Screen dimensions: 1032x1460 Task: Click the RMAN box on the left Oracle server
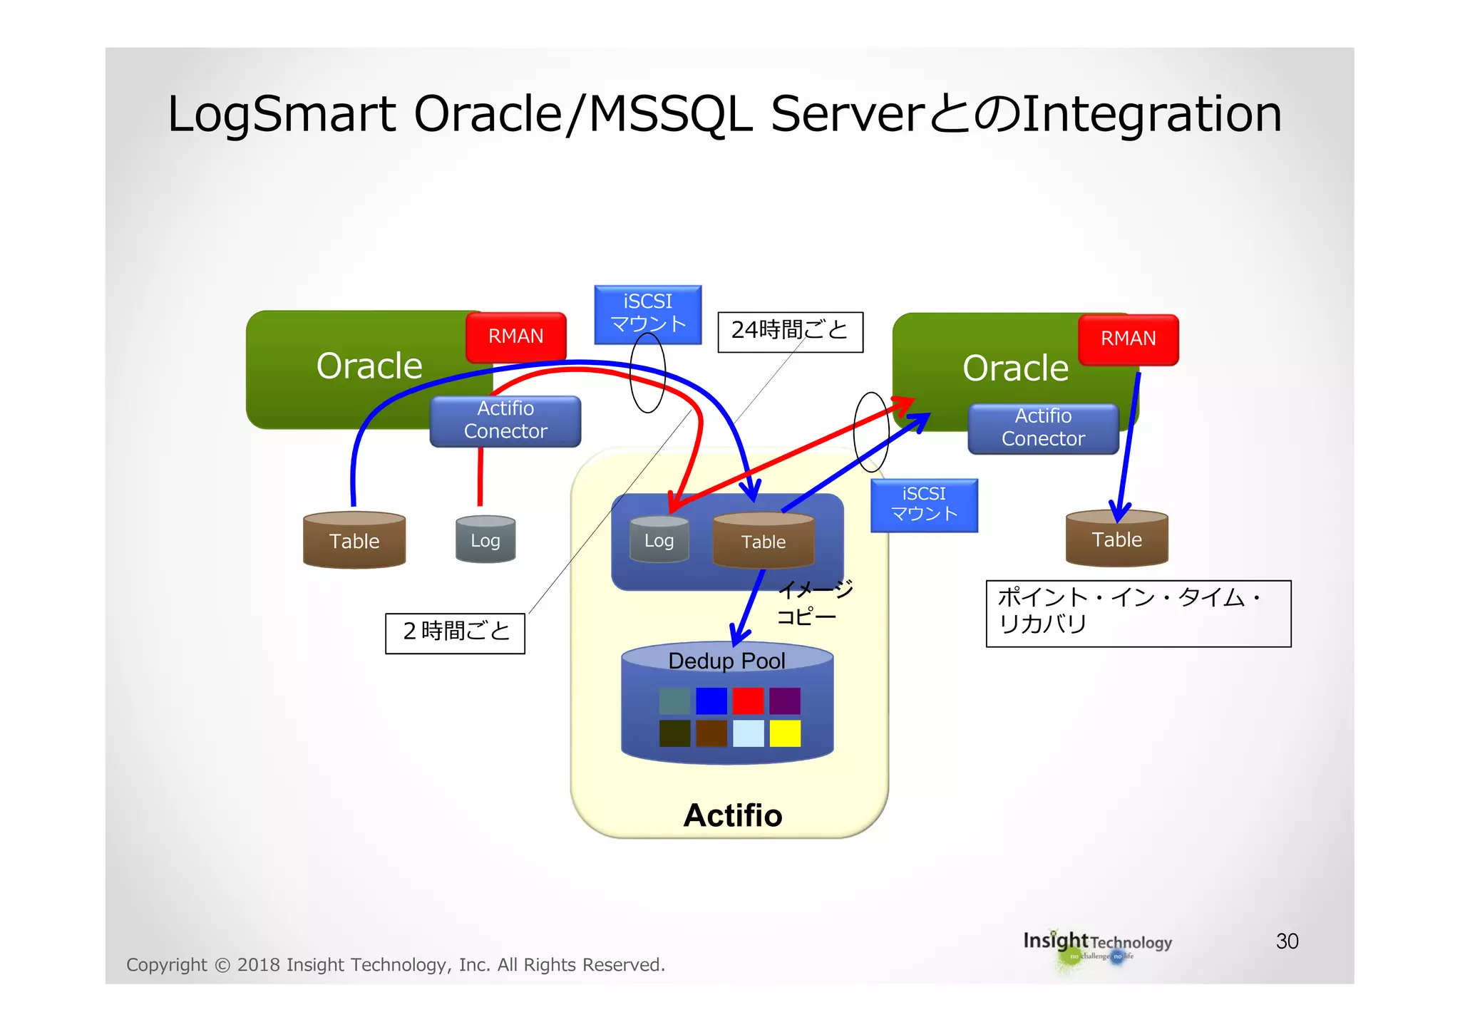click(x=515, y=336)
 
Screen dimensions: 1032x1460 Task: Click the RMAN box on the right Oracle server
click(x=1128, y=339)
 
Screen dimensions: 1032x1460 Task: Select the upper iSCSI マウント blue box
click(x=647, y=314)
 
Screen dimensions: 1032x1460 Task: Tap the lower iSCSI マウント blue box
click(x=924, y=505)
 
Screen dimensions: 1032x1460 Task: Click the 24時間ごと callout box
click(x=790, y=331)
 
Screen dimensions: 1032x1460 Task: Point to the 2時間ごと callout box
click(x=455, y=633)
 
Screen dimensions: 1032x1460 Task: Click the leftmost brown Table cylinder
click(x=354, y=541)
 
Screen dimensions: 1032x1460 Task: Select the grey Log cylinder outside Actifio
click(x=485, y=540)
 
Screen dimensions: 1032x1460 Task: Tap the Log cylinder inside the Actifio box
click(x=659, y=540)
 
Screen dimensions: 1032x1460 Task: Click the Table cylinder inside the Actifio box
click(x=764, y=542)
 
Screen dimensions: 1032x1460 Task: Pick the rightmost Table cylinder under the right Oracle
click(x=1116, y=540)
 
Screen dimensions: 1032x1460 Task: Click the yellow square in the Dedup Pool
click(x=785, y=733)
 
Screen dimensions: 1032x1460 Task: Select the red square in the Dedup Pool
click(x=748, y=701)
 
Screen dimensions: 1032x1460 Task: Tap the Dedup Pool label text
click(x=726, y=661)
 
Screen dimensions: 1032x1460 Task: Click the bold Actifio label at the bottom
click(x=732, y=815)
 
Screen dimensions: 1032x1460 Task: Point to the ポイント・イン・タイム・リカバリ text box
click(x=1138, y=613)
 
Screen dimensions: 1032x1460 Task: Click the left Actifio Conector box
click(x=505, y=420)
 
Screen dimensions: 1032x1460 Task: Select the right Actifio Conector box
click(x=1043, y=428)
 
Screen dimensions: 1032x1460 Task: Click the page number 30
click(x=1287, y=941)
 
